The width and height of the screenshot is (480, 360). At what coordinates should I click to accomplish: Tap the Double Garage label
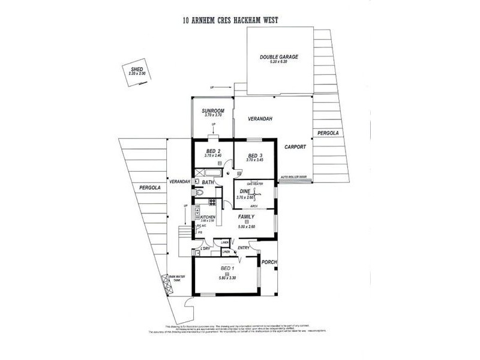[x=278, y=58]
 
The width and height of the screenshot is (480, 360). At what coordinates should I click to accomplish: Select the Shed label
[x=137, y=70]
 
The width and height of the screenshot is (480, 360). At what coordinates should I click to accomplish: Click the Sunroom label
[x=212, y=111]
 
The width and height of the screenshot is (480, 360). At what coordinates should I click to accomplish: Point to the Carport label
[x=295, y=146]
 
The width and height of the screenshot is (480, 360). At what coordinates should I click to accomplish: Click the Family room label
[x=246, y=217]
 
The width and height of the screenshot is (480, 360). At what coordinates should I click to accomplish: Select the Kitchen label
[x=208, y=217]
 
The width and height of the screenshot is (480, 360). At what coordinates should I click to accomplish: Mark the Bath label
[x=208, y=182]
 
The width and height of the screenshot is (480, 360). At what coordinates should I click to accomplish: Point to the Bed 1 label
[x=227, y=268]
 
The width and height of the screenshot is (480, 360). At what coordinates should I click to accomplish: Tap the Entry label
[x=243, y=248]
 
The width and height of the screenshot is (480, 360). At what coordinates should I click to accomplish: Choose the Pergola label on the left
[x=148, y=188]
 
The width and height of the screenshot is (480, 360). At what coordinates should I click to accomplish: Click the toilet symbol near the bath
[x=200, y=193]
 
